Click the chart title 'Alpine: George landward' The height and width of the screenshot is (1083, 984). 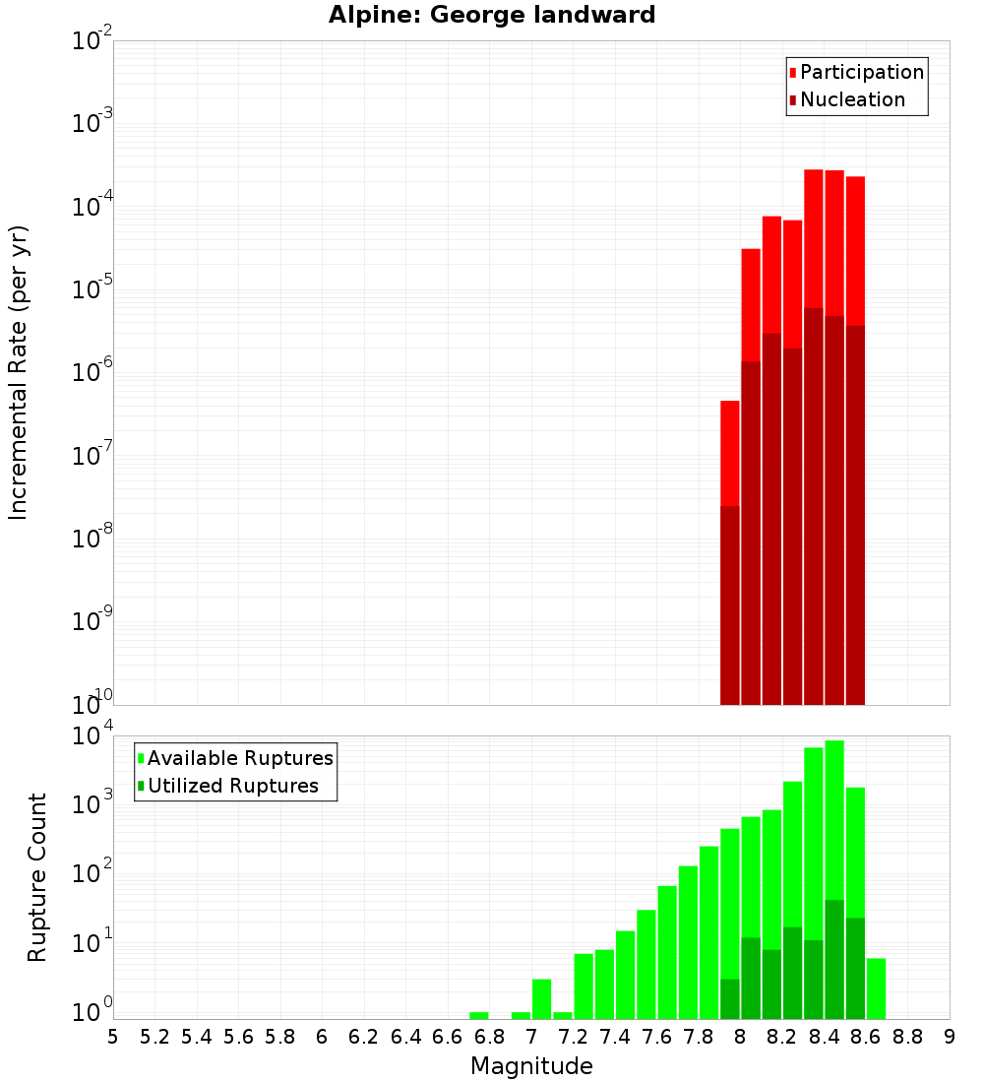[491, 15]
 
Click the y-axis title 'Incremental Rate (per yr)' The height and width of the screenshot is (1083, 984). [19, 372]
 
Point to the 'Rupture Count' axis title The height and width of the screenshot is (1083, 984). [37, 877]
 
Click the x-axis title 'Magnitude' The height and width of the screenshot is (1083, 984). [531, 1065]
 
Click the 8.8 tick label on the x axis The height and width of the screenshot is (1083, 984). [908, 1037]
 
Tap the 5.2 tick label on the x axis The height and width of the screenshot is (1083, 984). [155, 1037]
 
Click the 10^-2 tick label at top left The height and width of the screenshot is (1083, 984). [92, 42]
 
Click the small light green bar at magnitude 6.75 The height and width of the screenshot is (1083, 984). [479, 1015]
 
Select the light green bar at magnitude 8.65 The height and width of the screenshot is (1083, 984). [876, 988]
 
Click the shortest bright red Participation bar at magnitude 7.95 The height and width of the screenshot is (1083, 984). [730, 453]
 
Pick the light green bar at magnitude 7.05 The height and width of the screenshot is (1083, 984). [542, 998]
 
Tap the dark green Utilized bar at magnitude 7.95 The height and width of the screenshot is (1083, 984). [730, 998]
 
